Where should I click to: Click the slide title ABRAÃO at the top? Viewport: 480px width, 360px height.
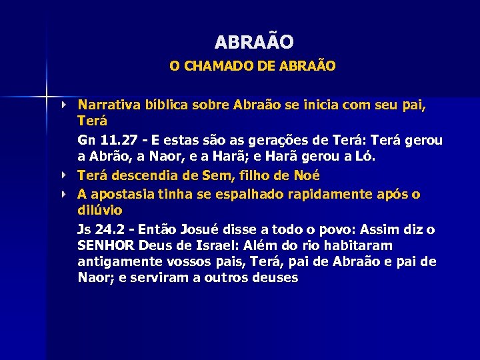pos(254,42)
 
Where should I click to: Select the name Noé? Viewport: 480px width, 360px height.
pos(305,176)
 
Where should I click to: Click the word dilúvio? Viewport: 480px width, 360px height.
pos(100,211)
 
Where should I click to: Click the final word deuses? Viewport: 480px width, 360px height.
pos(275,279)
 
